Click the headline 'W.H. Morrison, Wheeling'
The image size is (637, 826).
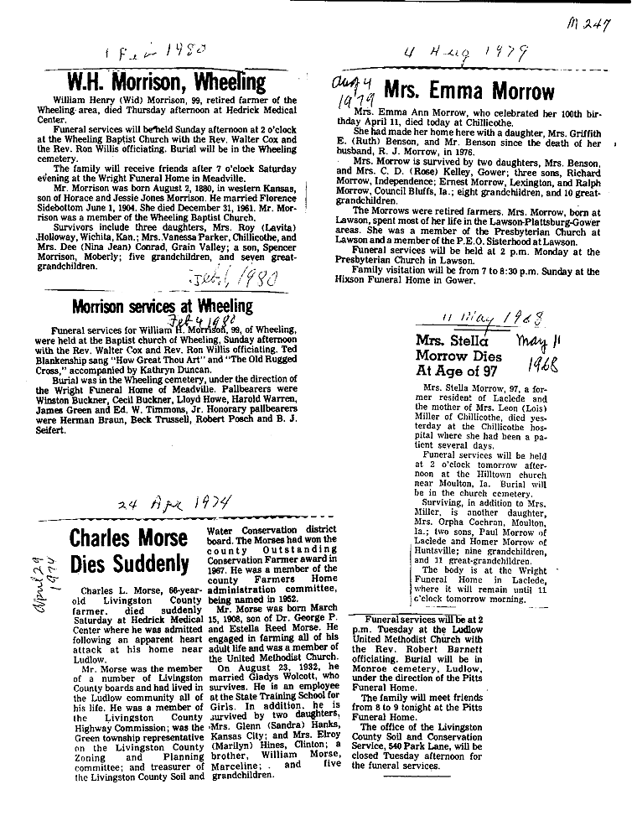click(166, 83)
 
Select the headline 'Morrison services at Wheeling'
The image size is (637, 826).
click(162, 306)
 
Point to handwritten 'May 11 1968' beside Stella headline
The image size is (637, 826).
click(547, 353)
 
